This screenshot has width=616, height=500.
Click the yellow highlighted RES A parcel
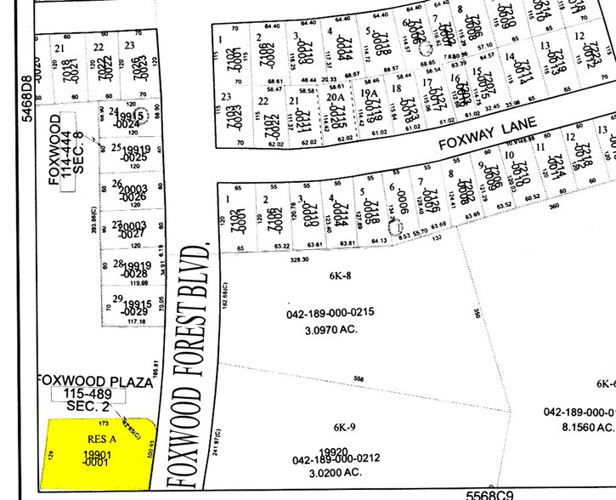tap(98, 451)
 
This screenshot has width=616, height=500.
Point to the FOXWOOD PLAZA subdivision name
tap(94, 383)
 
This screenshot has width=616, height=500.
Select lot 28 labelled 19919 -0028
tap(131, 270)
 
